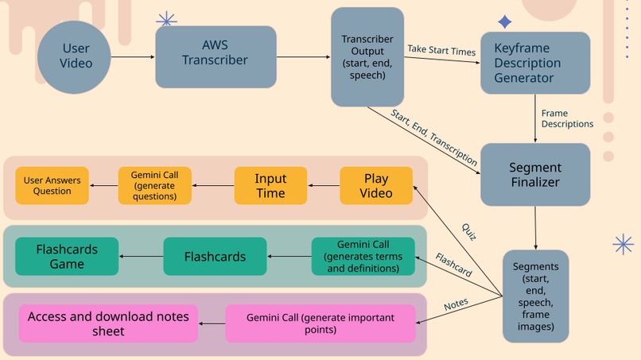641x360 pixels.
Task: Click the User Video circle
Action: point(76,56)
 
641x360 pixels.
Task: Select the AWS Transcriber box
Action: point(216,56)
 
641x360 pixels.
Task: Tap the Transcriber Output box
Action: point(367,56)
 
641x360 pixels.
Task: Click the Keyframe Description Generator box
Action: point(534,64)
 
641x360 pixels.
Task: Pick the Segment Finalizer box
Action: point(534,175)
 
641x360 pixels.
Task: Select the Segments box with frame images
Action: point(534,296)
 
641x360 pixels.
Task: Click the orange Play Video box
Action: point(376,186)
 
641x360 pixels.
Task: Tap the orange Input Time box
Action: point(270,186)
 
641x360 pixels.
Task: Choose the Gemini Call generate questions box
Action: point(155,186)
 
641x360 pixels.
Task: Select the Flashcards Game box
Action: point(67,257)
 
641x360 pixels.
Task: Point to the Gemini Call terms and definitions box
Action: point(363,257)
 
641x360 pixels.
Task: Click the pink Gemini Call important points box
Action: point(320,323)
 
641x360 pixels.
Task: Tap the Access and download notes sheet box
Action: point(108,323)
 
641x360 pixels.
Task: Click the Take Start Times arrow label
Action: point(441,51)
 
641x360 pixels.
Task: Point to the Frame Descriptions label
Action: point(566,118)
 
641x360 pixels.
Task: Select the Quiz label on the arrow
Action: point(468,231)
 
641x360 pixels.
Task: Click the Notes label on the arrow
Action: point(456,303)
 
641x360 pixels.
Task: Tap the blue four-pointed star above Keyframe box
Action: point(504,22)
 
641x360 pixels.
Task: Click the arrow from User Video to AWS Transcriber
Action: point(133,56)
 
